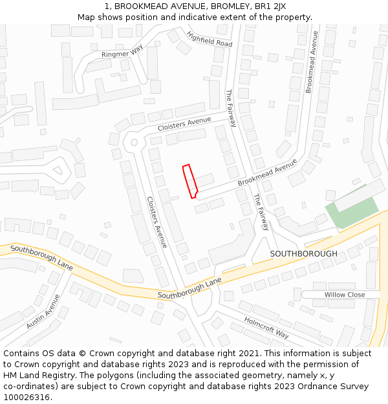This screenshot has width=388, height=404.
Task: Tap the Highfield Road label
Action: coord(209,39)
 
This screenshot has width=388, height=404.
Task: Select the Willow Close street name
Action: coord(345,295)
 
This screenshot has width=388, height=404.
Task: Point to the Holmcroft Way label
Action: coord(266,328)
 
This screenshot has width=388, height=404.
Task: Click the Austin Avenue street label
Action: coord(43,311)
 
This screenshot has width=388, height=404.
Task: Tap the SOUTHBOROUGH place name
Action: coord(303,253)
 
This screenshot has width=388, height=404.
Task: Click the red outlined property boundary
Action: coord(189,181)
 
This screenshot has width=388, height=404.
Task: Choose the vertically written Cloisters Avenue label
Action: coord(156,222)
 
